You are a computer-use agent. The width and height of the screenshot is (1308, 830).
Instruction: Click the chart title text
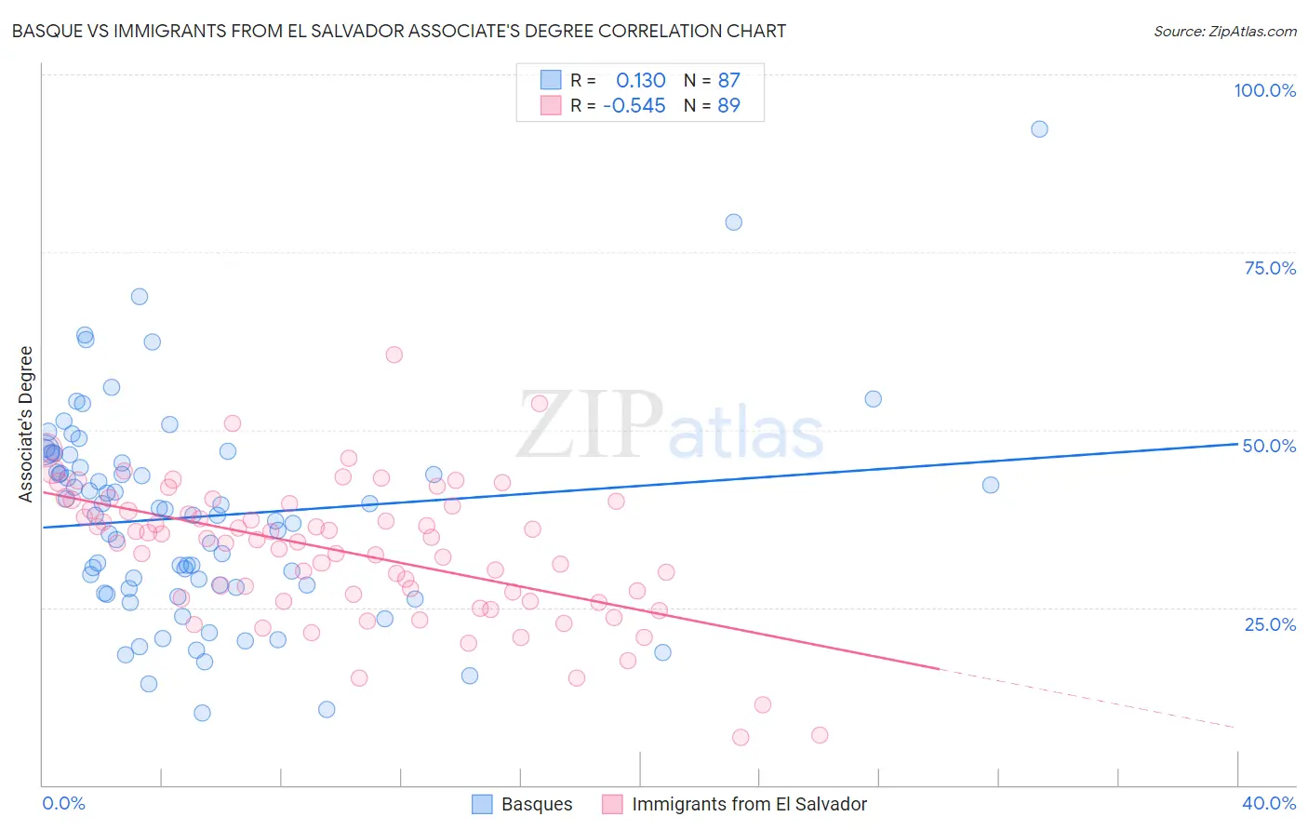[x=398, y=31]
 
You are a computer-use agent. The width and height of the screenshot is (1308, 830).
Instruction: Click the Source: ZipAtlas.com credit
[x=1224, y=31]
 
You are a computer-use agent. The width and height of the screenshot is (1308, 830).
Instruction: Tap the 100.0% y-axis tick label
[x=1264, y=90]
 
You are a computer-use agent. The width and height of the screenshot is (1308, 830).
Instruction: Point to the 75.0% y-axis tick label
[x=1270, y=268]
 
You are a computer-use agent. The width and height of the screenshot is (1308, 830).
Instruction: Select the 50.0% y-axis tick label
[x=1269, y=446]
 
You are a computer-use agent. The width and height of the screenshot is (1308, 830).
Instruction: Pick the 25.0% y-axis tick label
[x=1270, y=623]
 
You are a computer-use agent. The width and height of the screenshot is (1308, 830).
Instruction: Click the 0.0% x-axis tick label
[x=63, y=803]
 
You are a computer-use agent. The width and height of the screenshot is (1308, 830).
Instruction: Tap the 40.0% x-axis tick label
[x=1268, y=803]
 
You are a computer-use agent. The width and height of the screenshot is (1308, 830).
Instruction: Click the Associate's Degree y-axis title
[x=26, y=424]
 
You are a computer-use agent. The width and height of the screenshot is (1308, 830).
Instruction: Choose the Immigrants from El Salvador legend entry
[x=734, y=804]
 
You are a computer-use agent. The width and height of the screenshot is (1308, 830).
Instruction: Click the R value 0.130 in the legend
[x=641, y=80]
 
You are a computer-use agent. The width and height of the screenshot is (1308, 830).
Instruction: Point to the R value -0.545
[x=634, y=105]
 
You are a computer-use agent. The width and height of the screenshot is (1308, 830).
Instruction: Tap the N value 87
[x=728, y=80]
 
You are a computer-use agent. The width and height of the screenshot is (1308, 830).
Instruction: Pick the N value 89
[x=728, y=105]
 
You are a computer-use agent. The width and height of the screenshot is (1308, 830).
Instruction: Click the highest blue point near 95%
[x=1039, y=129]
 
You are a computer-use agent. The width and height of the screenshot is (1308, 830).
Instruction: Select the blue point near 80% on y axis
[x=733, y=222]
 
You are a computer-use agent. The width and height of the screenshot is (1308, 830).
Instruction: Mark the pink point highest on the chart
[x=394, y=355]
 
